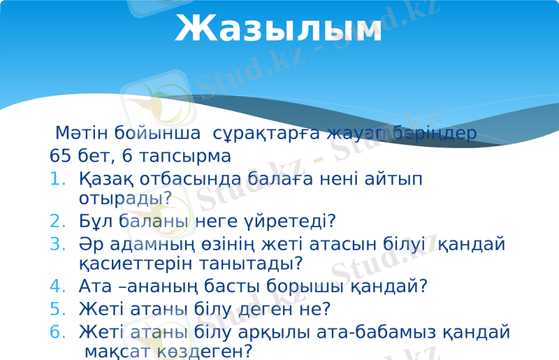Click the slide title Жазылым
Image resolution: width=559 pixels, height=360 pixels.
point(278,29)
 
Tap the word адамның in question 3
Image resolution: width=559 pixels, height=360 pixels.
point(153,245)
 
